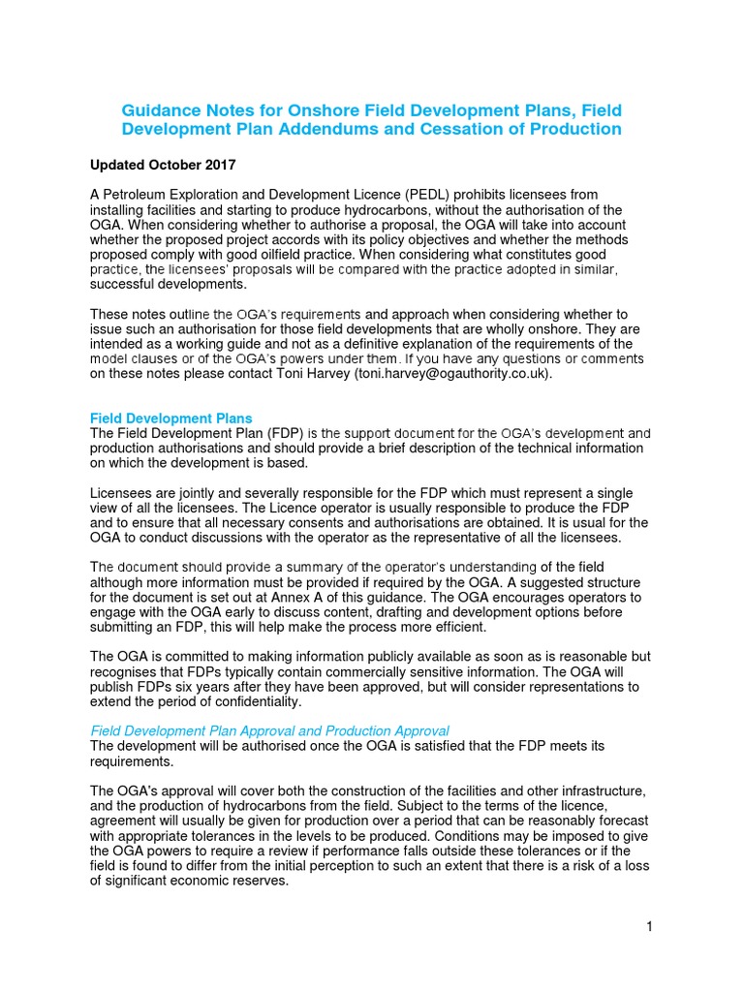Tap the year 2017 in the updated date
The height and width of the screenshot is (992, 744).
(x=219, y=165)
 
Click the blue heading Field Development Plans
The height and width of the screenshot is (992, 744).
(x=171, y=418)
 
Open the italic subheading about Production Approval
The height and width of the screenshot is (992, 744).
(x=269, y=730)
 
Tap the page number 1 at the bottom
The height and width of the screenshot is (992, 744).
(x=650, y=927)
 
